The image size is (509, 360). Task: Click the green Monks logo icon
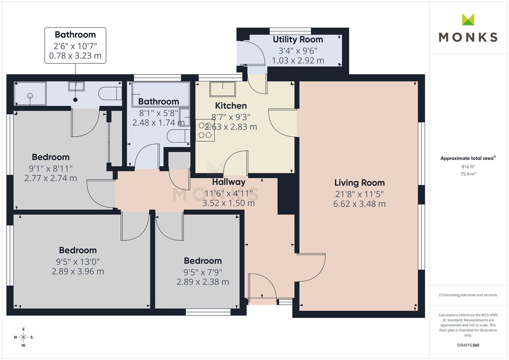[x=468, y=19]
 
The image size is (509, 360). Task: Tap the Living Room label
[x=359, y=183]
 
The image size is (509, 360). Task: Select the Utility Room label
[x=298, y=39]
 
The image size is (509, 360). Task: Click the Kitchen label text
[x=231, y=106]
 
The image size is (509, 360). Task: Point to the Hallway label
[x=229, y=182]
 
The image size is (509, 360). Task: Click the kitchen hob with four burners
[x=205, y=130]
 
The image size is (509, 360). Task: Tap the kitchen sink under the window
[x=222, y=89]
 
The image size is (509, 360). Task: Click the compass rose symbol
[x=23, y=337]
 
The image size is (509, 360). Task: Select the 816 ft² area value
[x=468, y=167]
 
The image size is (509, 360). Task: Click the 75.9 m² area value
[x=468, y=174]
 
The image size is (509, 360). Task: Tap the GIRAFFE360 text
[x=468, y=345]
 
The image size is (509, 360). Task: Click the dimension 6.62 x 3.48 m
[x=359, y=204]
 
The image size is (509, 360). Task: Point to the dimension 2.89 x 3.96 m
[x=78, y=271]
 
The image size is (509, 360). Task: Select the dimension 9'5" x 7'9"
[x=203, y=272]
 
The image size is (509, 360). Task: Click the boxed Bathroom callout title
[x=75, y=35]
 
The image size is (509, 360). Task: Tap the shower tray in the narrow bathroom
[x=30, y=94]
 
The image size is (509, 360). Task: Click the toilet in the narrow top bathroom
[x=110, y=93]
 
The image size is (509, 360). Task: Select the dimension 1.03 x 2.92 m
[x=298, y=60]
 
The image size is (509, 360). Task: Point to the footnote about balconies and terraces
[x=468, y=295]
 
